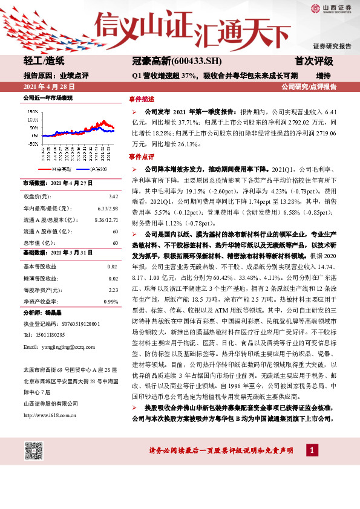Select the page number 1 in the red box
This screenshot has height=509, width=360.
[x=311, y=450]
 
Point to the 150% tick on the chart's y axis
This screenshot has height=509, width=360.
[x=31, y=111]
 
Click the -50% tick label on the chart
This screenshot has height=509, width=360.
[x=32, y=144]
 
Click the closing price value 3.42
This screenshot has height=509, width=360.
[x=113, y=197]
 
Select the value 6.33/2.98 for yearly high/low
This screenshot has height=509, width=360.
[x=109, y=209]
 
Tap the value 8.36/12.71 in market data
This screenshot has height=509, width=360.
[x=106, y=220]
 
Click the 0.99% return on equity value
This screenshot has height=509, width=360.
[x=111, y=301]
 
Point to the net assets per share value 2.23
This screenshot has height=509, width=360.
[x=113, y=290]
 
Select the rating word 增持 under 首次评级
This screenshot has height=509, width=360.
[x=323, y=76]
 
